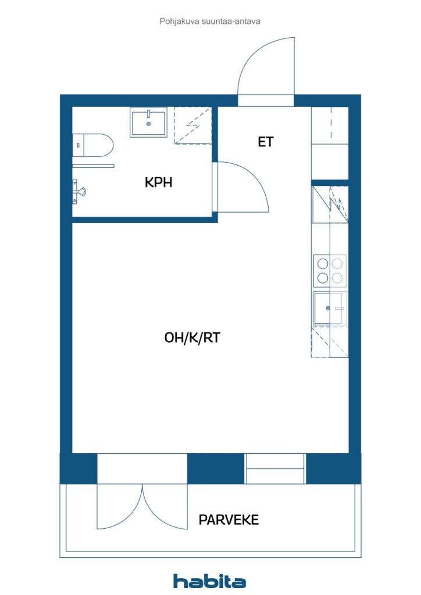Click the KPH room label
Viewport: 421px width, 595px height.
[158, 182]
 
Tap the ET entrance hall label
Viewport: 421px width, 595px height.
[265, 142]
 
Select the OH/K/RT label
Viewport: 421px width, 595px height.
[192, 338]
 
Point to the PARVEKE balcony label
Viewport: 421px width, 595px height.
[229, 519]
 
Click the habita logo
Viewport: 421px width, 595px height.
[209, 581]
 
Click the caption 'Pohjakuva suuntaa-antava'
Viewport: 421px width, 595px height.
[210, 21]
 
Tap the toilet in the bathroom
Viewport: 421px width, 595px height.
[93, 145]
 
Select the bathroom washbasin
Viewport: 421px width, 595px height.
[148, 122]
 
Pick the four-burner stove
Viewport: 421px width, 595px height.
[330, 271]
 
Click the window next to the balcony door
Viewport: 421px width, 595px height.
[275, 469]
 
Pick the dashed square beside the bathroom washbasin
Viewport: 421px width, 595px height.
[192, 126]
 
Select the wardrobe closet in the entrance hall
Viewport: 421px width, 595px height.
[330, 143]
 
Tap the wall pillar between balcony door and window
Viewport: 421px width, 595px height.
[216, 469]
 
